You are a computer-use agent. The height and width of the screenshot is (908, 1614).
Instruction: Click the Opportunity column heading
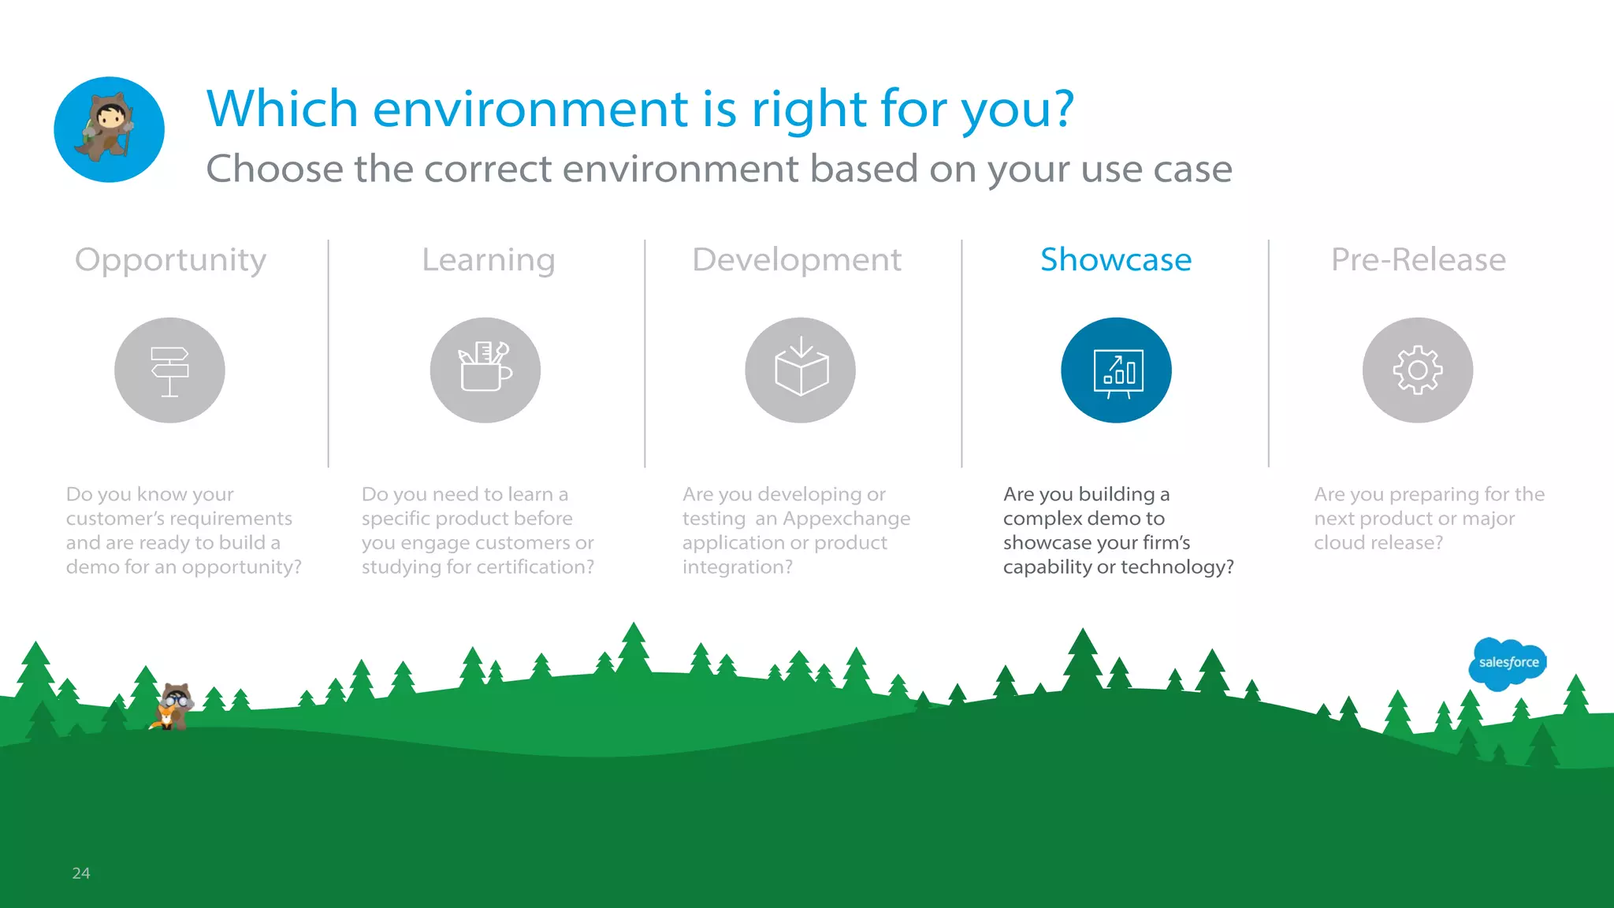coord(170,260)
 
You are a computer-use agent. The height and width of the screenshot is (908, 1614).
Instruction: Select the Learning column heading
coord(488,260)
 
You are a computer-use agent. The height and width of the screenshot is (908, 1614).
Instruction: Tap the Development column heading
coord(796,260)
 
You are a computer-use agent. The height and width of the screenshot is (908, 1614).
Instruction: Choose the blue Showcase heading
coord(1115,260)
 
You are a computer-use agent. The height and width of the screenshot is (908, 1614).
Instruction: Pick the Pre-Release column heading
coord(1418,260)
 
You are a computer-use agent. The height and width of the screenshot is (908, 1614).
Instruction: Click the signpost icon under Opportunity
coord(169,370)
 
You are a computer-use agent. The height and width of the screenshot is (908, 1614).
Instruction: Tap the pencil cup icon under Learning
coord(485,370)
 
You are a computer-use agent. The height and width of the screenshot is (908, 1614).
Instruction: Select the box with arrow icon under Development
coord(801,370)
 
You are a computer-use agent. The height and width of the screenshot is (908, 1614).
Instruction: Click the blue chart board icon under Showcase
coord(1116,370)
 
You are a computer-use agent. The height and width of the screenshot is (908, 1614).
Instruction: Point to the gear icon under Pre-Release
coord(1417,370)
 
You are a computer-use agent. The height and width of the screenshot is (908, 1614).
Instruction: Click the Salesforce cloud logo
coord(1508,663)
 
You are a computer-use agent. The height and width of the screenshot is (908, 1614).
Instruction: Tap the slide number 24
coord(80,873)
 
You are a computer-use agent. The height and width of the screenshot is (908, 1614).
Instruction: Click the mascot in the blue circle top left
coord(109,129)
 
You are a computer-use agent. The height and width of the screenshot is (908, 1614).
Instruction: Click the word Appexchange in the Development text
coord(846,519)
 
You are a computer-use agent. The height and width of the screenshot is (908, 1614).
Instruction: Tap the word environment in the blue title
coord(530,109)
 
